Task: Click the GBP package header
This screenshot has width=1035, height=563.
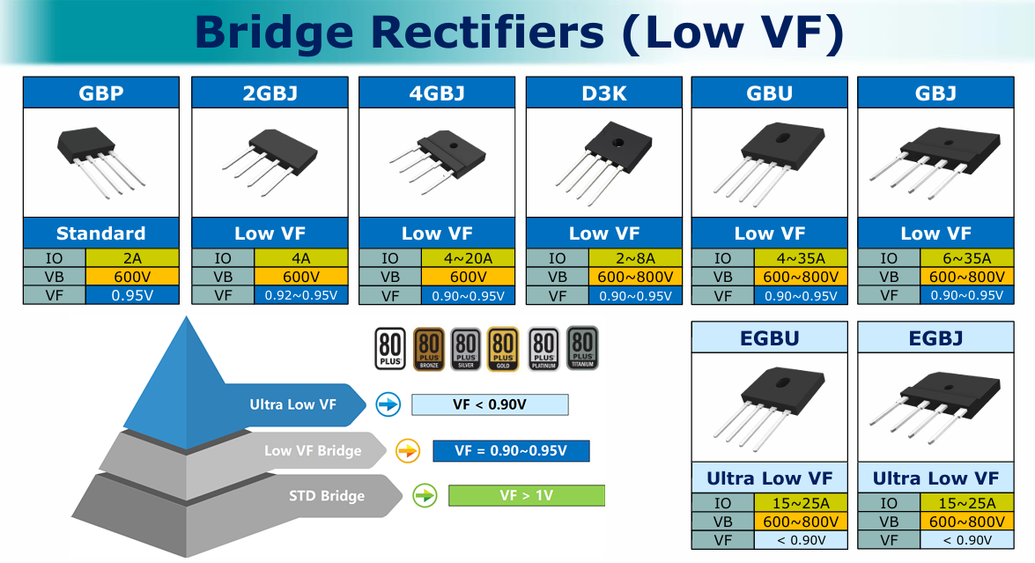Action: pyautogui.click(x=100, y=93)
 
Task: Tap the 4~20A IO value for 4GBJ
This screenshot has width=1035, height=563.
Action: pyautogui.click(x=468, y=258)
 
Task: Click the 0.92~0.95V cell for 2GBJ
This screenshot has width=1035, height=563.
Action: pyautogui.click(x=301, y=295)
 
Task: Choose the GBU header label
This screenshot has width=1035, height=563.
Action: pyautogui.click(x=769, y=93)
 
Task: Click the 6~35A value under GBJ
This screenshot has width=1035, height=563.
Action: pyautogui.click(x=966, y=258)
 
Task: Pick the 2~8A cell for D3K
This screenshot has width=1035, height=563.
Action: pyautogui.click(x=634, y=258)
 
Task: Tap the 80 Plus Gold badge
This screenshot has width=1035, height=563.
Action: pyautogui.click(x=501, y=348)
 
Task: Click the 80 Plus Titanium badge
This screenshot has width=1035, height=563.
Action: pyautogui.click(x=582, y=348)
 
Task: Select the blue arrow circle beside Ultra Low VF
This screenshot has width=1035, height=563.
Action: pyautogui.click(x=388, y=404)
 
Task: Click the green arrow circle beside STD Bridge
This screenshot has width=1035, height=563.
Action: pyautogui.click(x=425, y=495)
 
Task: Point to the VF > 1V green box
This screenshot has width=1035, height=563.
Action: pyautogui.click(x=526, y=495)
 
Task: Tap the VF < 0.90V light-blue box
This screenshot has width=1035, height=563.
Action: pyautogui.click(x=490, y=404)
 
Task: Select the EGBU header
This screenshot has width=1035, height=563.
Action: pyautogui.click(x=769, y=337)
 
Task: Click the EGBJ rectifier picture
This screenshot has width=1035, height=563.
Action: pyautogui.click(x=935, y=406)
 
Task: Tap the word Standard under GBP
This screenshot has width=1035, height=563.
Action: pyautogui.click(x=100, y=233)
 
